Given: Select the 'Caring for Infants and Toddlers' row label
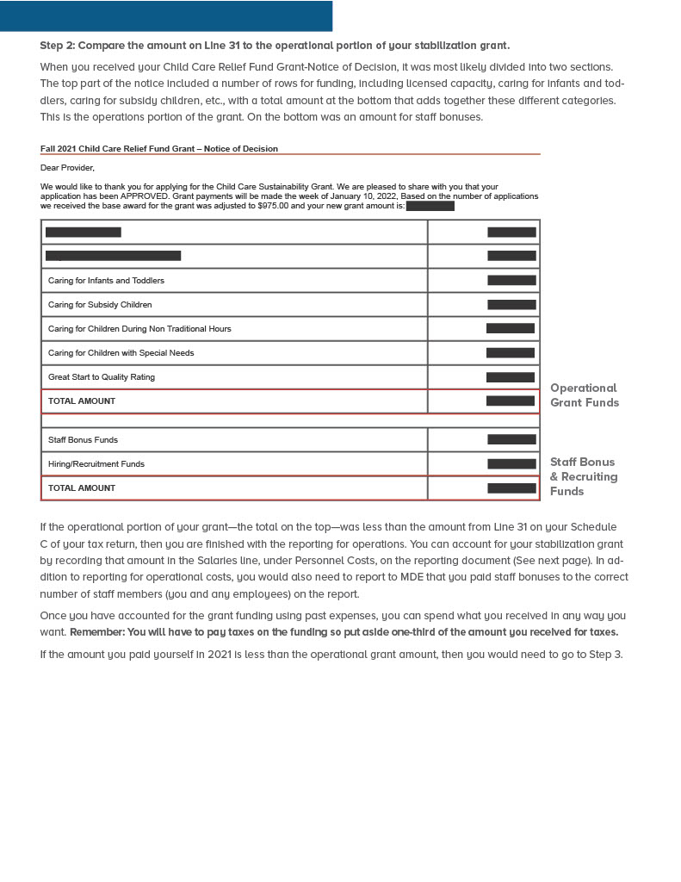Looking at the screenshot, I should click(106, 281).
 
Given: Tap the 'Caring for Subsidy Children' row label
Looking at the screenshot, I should click(100, 305).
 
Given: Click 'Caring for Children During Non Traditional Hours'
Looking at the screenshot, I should click(139, 329).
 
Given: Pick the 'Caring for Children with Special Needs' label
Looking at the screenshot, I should click(121, 353).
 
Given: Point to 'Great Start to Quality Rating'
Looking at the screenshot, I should click(102, 377).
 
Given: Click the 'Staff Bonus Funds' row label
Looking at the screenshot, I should click(83, 440).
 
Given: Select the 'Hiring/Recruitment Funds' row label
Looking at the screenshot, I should click(96, 464).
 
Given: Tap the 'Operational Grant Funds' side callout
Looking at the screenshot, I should click(584, 395).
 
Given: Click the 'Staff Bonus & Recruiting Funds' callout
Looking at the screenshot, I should click(584, 476).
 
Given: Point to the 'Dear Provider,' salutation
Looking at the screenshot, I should click(67, 168).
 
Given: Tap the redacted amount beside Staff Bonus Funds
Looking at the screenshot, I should click(511, 439).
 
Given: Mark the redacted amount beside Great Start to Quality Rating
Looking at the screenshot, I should click(511, 377).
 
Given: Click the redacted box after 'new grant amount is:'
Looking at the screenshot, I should click(430, 206).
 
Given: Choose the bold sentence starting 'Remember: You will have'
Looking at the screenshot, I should click(344, 632).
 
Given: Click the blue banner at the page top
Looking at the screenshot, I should click(165, 16).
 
